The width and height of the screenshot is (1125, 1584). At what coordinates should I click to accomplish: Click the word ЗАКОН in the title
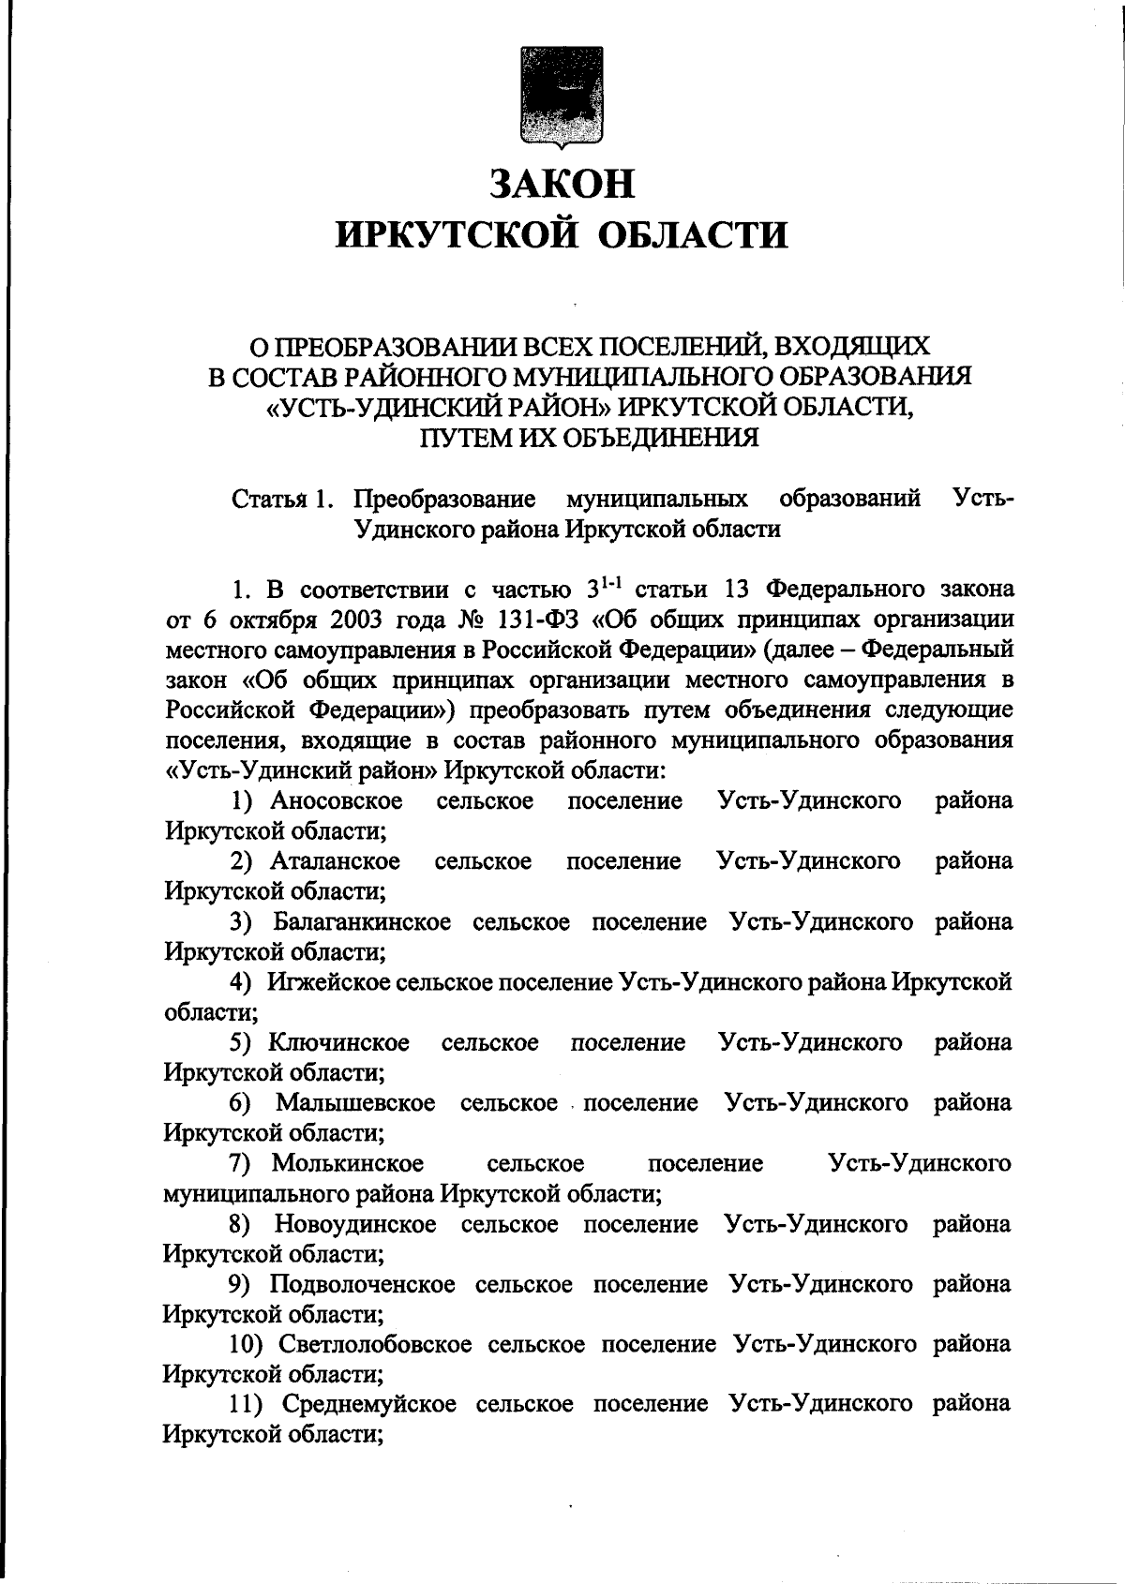(x=562, y=183)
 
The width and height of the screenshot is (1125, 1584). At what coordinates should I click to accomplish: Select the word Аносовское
(x=337, y=801)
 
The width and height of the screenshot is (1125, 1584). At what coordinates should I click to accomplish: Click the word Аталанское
(x=336, y=861)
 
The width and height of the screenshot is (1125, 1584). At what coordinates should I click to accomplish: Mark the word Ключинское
(x=338, y=1043)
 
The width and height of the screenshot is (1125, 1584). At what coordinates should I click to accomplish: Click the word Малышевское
(x=355, y=1103)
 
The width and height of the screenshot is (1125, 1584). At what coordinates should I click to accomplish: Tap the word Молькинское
(x=348, y=1164)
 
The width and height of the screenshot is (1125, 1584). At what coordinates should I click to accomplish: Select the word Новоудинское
(x=355, y=1224)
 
